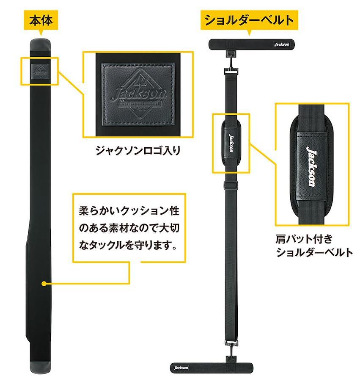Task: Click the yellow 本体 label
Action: pyautogui.click(x=41, y=19)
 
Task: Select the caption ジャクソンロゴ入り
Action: pyautogui.click(x=138, y=150)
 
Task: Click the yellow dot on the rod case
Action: pyautogui.click(x=43, y=283)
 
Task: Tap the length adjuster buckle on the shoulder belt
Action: pyautogui.click(x=231, y=185)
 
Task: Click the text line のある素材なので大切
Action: pyautogui.click(x=129, y=228)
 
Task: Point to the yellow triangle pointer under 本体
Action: pyautogui.click(x=41, y=32)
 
